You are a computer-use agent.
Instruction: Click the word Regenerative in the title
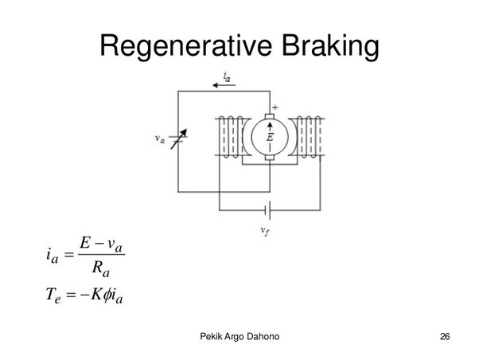[x=185, y=46]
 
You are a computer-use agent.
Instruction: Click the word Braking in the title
[x=330, y=46]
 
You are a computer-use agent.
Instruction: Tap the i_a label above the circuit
[x=227, y=76]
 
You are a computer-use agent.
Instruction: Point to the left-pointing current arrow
[x=224, y=85]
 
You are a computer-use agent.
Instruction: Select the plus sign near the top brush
[x=275, y=108]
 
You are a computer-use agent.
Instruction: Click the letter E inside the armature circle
[x=270, y=137]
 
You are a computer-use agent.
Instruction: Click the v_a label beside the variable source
[x=159, y=139]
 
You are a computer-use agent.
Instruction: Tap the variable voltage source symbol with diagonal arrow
[x=178, y=139]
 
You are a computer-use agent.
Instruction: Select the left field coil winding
[x=232, y=137]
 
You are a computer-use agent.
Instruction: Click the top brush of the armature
[x=270, y=116]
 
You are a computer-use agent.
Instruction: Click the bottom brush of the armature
[x=270, y=157]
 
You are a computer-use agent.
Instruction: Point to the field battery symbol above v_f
[x=268, y=210]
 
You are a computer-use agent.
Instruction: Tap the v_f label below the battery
[x=265, y=231]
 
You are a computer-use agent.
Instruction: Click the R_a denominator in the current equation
[x=100, y=269]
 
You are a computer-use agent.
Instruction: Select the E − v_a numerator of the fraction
[x=101, y=245]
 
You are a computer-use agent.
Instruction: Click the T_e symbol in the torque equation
[x=53, y=295]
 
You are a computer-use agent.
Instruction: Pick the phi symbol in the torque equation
[x=106, y=295]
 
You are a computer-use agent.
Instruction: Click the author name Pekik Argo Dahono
[x=240, y=336]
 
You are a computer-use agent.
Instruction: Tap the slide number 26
[x=445, y=336]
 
